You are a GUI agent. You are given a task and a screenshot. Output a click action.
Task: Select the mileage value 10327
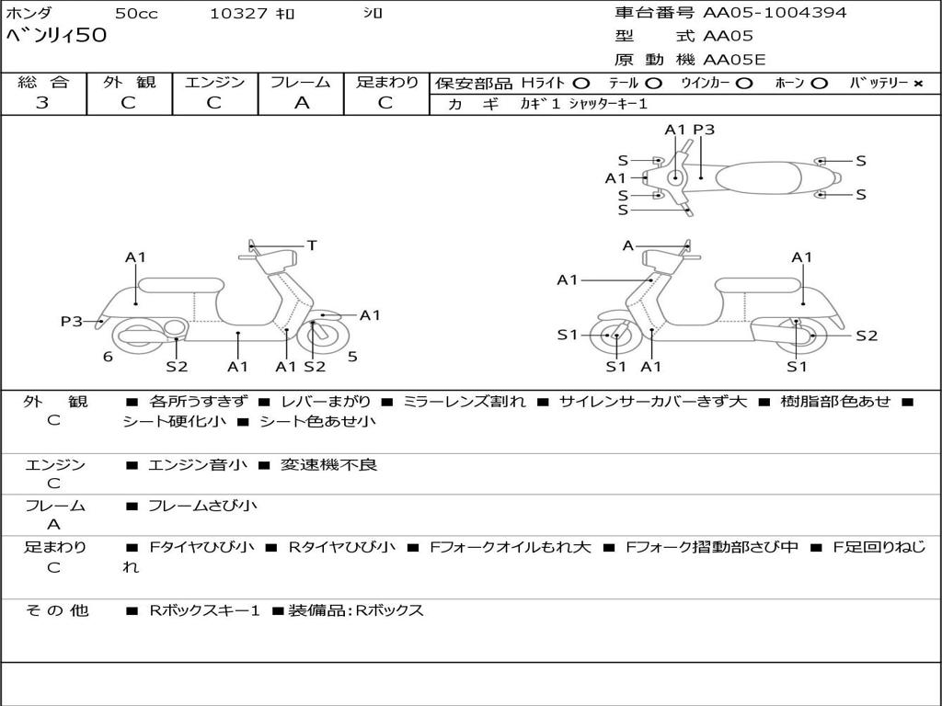click(238, 14)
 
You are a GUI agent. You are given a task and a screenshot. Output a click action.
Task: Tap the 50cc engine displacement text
click(135, 14)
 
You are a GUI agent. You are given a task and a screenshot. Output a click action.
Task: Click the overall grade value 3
click(42, 103)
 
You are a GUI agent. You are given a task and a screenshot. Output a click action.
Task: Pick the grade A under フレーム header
click(301, 103)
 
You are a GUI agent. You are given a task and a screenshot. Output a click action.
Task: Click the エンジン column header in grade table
click(215, 83)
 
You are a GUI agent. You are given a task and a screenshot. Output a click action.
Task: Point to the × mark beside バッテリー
click(917, 83)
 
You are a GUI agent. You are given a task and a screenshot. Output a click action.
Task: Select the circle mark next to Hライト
click(581, 83)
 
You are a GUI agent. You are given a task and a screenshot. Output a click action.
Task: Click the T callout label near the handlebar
click(312, 245)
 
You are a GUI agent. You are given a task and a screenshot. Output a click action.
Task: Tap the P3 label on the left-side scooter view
click(72, 321)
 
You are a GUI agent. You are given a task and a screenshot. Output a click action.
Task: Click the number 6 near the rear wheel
click(108, 357)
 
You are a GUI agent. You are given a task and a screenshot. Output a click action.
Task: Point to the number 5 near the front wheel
click(352, 357)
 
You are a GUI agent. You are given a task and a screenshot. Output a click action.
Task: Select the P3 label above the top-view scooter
click(704, 130)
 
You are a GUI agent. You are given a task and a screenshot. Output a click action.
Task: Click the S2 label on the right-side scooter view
click(867, 336)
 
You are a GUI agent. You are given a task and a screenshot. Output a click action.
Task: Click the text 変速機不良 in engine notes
click(330, 465)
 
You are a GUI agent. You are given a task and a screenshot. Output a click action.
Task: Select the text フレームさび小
click(202, 506)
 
